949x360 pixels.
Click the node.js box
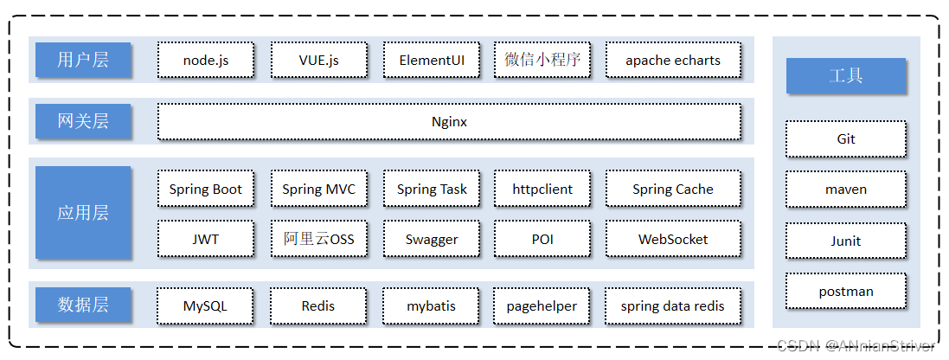click(x=206, y=61)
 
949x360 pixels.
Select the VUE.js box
click(x=318, y=61)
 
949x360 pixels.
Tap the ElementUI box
click(x=431, y=61)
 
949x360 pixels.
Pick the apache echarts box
click(x=673, y=61)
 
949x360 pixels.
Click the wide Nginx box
click(x=449, y=122)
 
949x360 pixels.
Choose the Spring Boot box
click(x=206, y=189)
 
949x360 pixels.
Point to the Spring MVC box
click(x=318, y=189)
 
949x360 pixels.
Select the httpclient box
click(x=542, y=189)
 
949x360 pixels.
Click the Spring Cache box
click(x=673, y=189)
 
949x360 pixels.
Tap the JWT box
click(x=206, y=239)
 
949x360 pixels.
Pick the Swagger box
click(x=431, y=239)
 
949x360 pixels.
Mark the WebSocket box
click(x=673, y=239)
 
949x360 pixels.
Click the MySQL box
click(x=205, y=305)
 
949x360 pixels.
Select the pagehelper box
click(x=542, y=305)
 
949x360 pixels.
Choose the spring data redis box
click(x=673, y=305)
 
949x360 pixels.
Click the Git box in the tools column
click(x=846, y=138)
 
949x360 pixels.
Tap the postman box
click(x=846, y=292)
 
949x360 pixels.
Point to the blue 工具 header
click(x=846, y=76)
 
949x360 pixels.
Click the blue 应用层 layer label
click(x=83, y=213)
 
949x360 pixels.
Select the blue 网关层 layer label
click(x=83, y=122)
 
